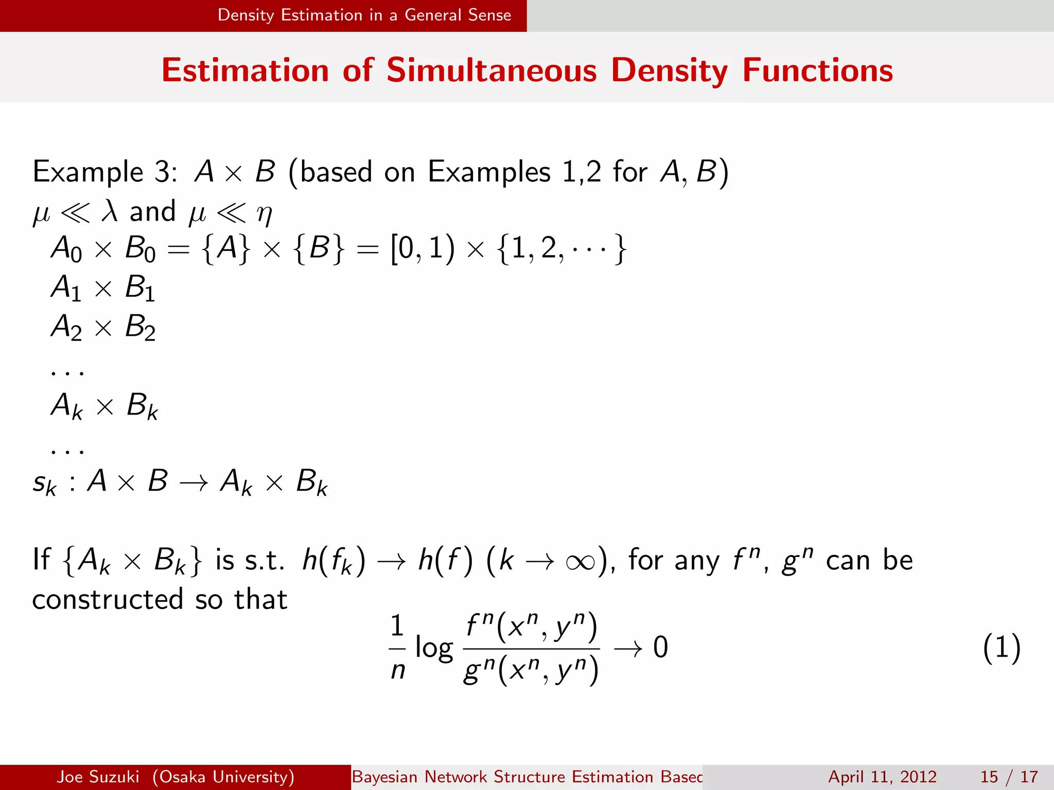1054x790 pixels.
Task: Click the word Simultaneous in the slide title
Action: pyautogui.click(x=491, y=70)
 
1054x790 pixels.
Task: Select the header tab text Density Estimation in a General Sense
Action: pyautogui.click(x=364, y=15)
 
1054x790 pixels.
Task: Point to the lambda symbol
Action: pyautogui.click(x=109, y=211)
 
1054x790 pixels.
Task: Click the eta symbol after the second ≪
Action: pyautogui.click(x=264, y=213)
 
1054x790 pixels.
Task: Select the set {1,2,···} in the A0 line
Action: pyautogui.click(x=561, y=249)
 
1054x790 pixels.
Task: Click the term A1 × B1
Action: pyautogui.click(x=103, y=288)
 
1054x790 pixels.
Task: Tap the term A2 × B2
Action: pyautogui.click(x=103, y=327)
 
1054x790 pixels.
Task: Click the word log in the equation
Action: pyautogui.click(x=434, y=648)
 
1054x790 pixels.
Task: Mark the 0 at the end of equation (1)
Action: pyautogui.click(x=660, y=647)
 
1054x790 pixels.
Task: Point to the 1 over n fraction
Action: pyautogui.click(x=397, y=648)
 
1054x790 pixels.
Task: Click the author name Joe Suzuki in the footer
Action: pyautogui.click(x=98, y=777)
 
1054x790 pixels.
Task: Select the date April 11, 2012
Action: pyautogui.click(x=882, y=777)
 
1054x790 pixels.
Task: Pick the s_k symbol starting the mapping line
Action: pyautogui.click(x=44, y=483)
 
